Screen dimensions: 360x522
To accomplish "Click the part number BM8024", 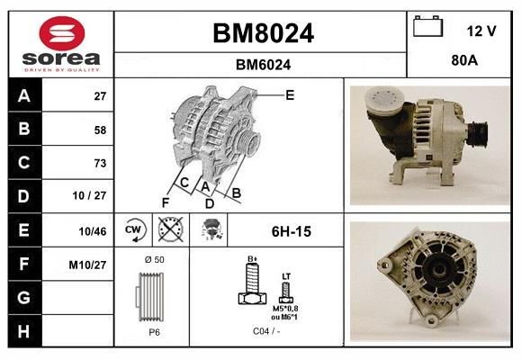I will [x=263, y=33].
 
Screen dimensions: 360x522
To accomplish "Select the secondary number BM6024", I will [x=263, y=65].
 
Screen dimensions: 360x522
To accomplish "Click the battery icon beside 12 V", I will [x=427, y=28].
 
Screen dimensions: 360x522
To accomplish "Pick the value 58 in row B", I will [x=99, y=130].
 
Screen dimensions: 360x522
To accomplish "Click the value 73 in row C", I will [x=99, y=163].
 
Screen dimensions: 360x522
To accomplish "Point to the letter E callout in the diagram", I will [x=289, y=94].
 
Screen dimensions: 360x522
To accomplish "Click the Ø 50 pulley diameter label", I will [x=154, y=259].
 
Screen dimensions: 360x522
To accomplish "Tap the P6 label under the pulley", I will [x=155, y=332].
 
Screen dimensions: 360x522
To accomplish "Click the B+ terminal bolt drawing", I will [x=252, y=286].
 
